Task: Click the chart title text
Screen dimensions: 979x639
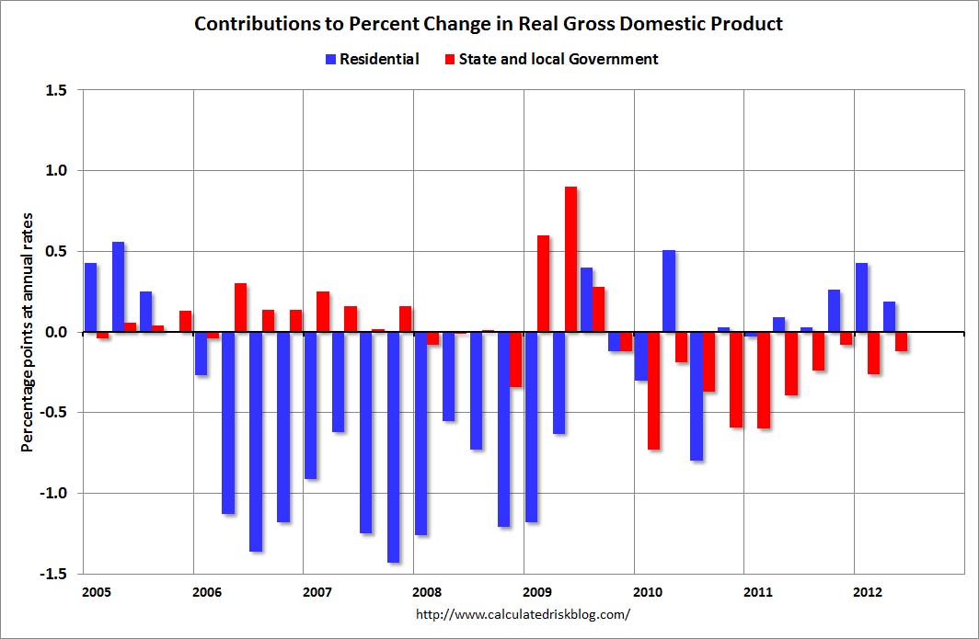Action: (489, 24)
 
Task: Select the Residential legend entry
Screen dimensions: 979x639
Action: (372, 59)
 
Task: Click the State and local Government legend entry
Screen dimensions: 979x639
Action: (551, 59)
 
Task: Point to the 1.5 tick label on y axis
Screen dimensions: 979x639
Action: (55, 90)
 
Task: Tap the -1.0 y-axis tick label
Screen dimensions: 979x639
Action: (52, 493)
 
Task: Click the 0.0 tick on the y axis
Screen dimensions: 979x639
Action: (55, 332)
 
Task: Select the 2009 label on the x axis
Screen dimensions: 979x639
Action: (537, 591)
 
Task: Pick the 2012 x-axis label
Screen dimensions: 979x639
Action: (868, 591)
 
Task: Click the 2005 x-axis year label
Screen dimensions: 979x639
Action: (96, 591)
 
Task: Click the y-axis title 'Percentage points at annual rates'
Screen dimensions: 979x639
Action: (27, 332)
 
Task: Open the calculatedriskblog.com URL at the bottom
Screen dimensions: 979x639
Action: (524, 614)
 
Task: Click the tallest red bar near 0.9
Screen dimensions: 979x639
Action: (570, 259)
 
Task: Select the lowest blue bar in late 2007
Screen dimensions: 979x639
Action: (394, 448)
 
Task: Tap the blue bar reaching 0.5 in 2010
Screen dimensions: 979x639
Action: (669, 291)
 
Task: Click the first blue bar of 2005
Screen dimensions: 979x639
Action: (90, 298)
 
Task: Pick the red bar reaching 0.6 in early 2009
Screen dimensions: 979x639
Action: (543, 283)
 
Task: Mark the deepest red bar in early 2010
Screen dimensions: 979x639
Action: (653, 391)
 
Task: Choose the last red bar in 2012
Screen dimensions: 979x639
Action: (901, 341)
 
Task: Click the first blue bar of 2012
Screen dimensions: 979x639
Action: (861, 298)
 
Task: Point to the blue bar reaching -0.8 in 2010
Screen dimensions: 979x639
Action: (697, 396)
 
